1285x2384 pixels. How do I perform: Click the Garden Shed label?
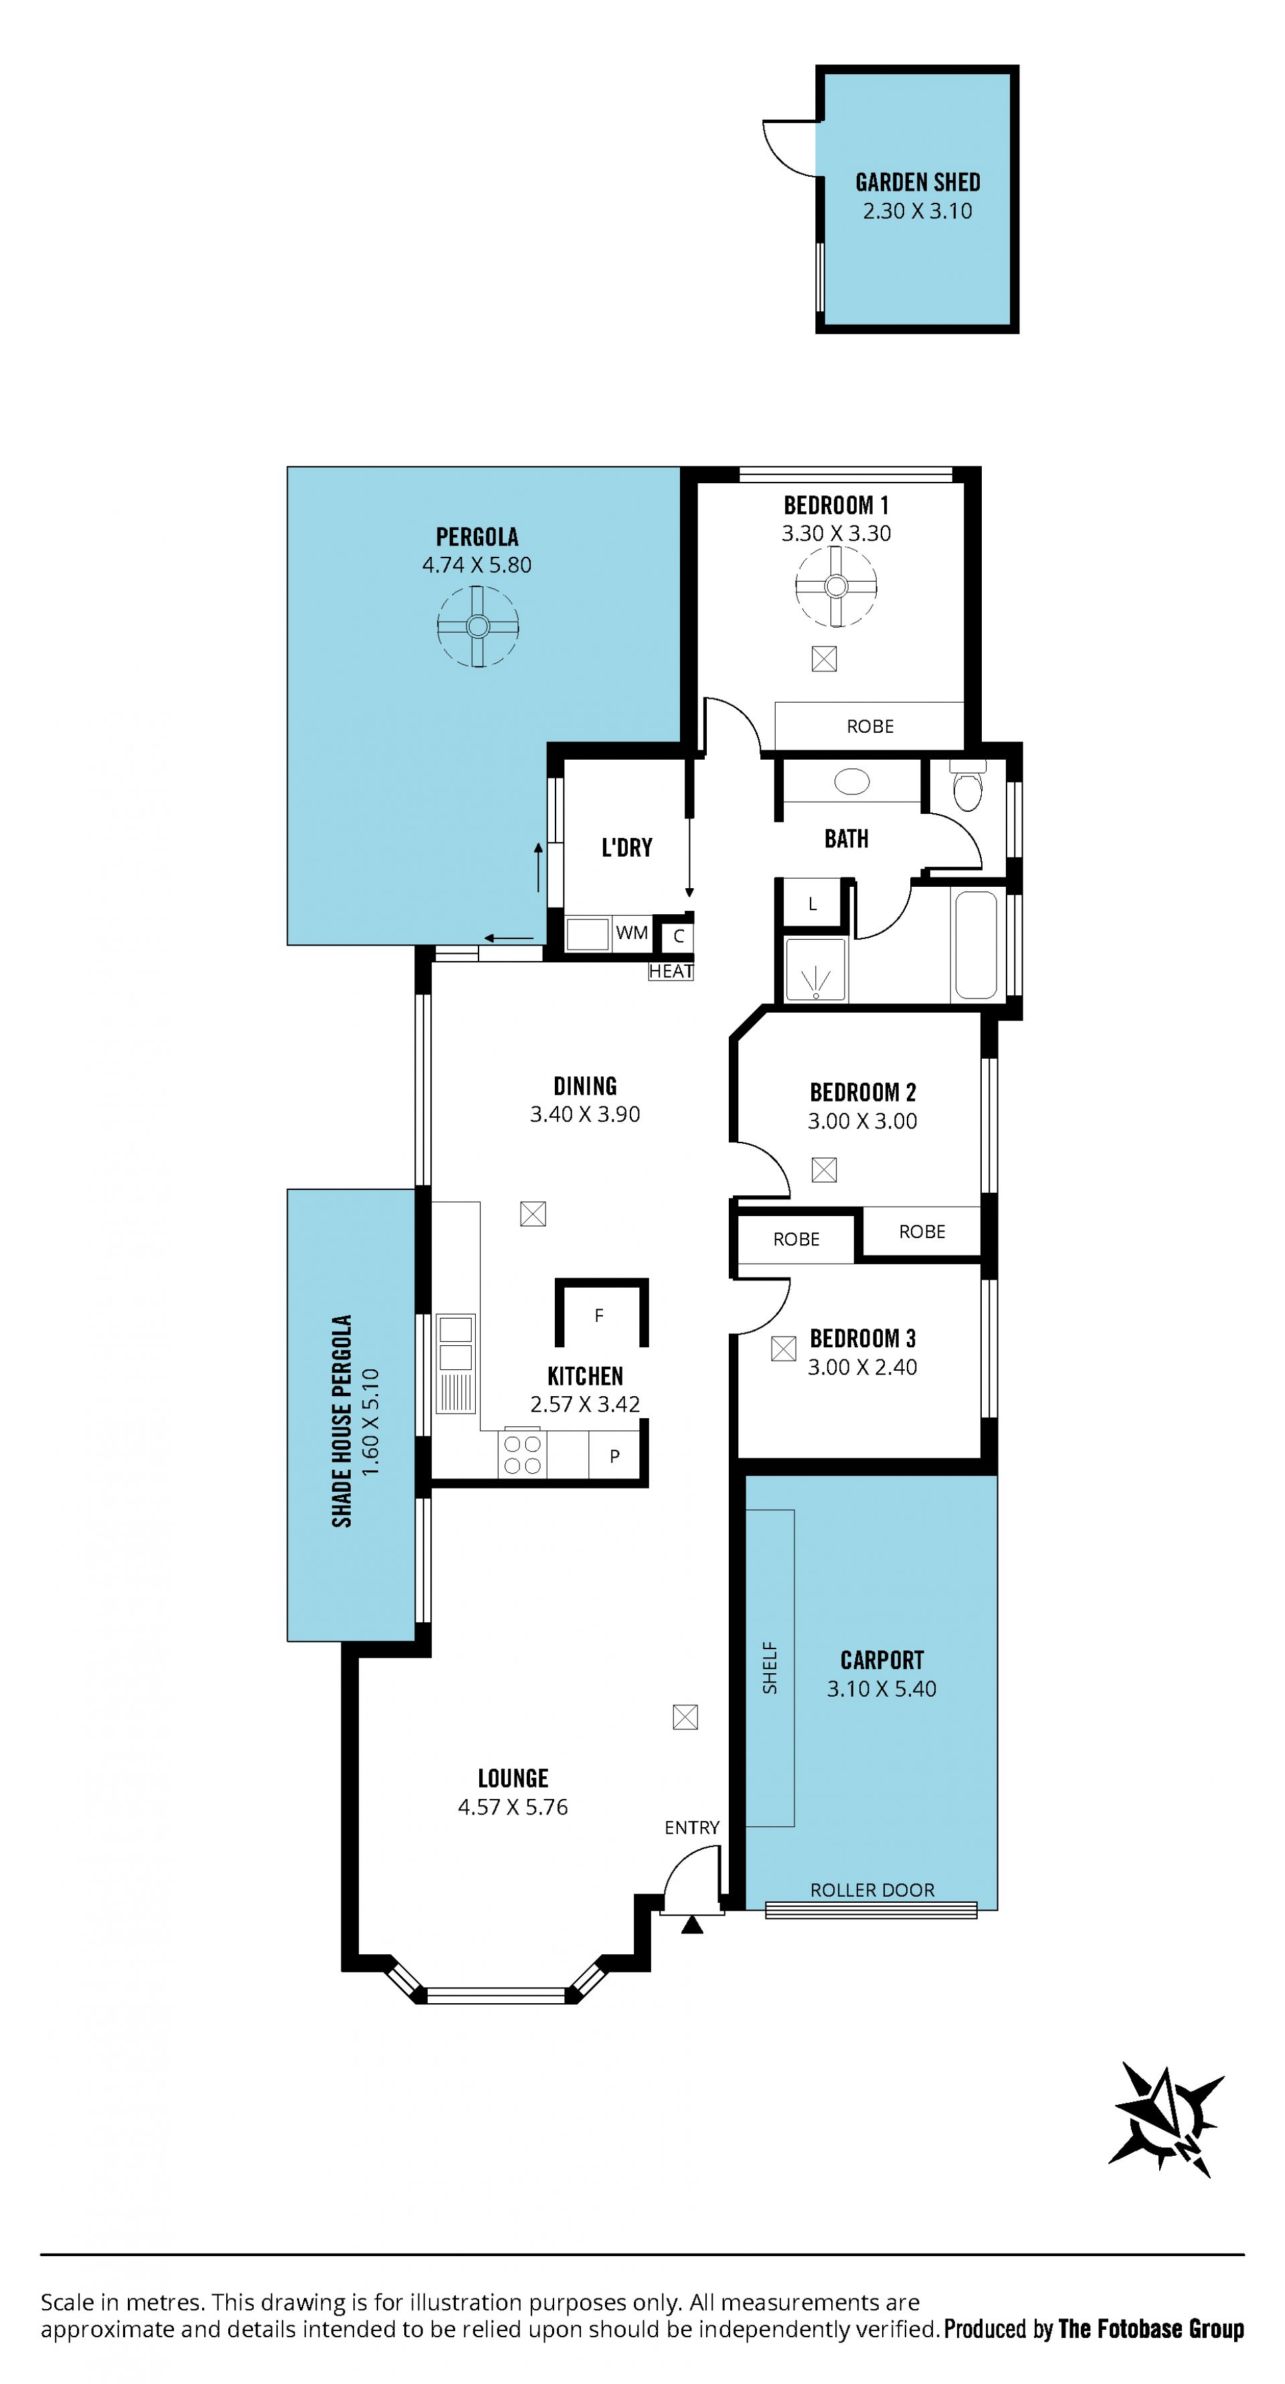(918, 182)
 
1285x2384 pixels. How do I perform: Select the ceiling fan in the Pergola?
(477, 626)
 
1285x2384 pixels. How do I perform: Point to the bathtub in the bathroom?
(976, 943)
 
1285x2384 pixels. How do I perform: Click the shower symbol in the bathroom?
(815, 970)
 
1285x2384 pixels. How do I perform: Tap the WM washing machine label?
(632, 933)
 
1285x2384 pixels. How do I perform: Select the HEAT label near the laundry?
(671, 971)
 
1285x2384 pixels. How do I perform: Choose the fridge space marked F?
(600, 1315)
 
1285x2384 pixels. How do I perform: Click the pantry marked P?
(614, 1456)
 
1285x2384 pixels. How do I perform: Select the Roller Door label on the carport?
(872, 1890)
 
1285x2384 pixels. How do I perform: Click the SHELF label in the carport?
(770, 1668)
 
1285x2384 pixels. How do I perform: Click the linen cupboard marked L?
(813, 904)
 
